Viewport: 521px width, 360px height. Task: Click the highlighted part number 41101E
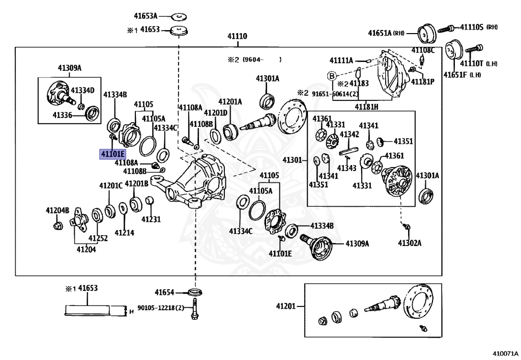coord(112,154)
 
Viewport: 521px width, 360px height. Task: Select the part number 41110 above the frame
coord(237,36)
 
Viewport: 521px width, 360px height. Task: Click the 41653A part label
coord(146,16)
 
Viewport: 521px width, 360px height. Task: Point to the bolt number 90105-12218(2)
coord(161,308)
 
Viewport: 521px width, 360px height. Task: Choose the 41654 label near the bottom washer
coord(164,292)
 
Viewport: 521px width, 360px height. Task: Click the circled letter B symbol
coord(332,76)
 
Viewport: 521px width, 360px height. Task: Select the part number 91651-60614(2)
coord(335,94)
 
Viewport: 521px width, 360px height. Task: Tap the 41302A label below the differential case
coord(410,243)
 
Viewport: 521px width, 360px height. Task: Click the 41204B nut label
coord(57,210)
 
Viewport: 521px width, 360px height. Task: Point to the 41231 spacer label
coord(151,219)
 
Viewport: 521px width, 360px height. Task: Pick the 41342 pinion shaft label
coord(349,134)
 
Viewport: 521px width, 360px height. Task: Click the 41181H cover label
coord(366,107)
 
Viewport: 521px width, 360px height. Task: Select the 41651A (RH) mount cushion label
coord(386,33)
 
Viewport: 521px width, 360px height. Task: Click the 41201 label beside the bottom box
coord(286,306)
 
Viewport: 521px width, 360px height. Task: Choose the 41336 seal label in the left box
coord(63,115)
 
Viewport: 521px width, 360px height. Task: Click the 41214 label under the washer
coord(125,233)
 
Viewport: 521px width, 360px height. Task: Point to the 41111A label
coord(341,61)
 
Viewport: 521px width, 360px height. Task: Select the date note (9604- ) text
coord(262,60)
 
